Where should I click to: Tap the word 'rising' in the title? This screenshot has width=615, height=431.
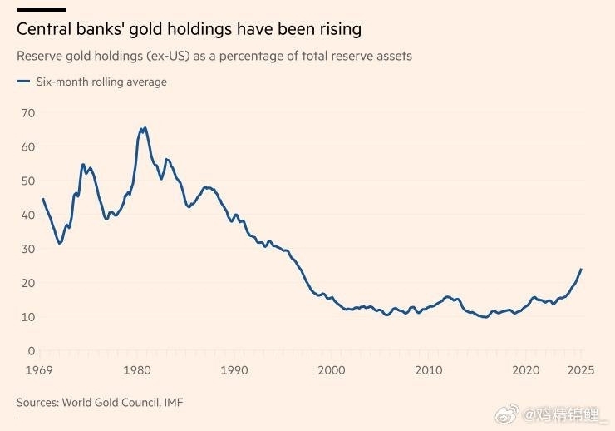pyautogui.click(x=337, y=30)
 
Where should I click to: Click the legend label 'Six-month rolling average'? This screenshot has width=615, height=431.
pyautogui.click(x=101, y=82)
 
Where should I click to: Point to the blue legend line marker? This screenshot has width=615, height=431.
pyautogui.click(x=22, y=82)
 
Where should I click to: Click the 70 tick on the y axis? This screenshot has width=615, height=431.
pyautogui.click(x=28, y=112)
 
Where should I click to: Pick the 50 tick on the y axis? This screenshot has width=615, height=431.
pyautogui.click(x=28, y=181)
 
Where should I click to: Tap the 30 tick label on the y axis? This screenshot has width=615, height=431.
pyautogui.click(x=28, y=249)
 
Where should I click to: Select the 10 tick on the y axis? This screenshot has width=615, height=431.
pyautogui.click(x=28, y=317)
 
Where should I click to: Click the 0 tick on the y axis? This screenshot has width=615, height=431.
pyautogui.click(x=32, y=351)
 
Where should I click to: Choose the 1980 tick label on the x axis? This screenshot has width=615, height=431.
pyautogui.click(x=139, y=369)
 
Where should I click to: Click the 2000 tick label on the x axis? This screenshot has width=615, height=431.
pyautogui.click(x=332, y=369)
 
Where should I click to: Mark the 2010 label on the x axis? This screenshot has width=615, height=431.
pyautogui.click(x=429, y=369)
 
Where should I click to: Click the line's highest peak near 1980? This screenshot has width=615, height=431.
pyautogui.click(x=145, y=128)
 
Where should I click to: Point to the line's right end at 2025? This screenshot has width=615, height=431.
pyautogui.click(x=581, y=270)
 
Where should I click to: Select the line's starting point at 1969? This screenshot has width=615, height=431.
pyautogui.click(x=42, y=199)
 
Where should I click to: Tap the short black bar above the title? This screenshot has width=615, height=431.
pyautogui.click(x=42, y=10)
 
